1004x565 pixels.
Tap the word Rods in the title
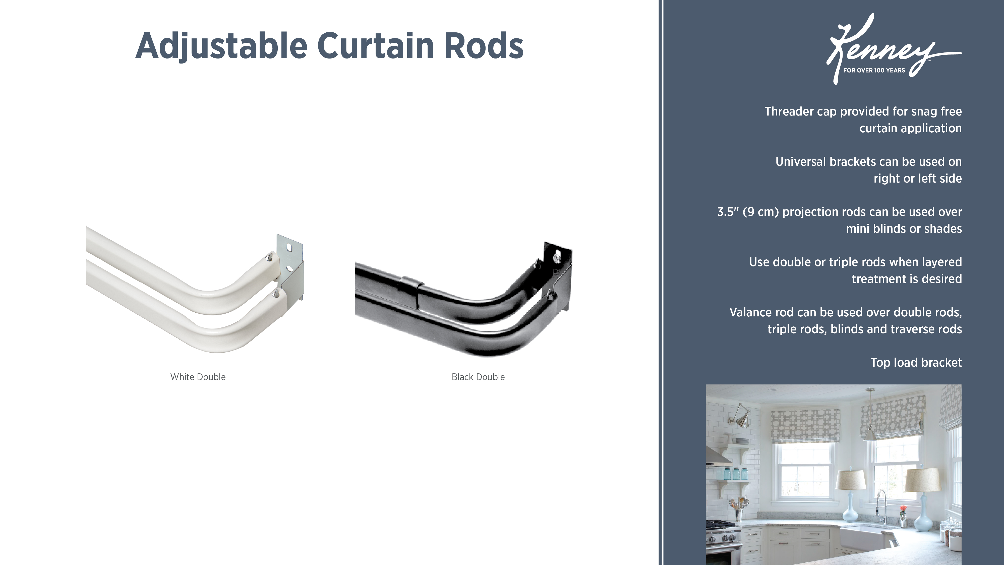(x=484, y=46)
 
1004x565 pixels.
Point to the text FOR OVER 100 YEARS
(x=874, y=71)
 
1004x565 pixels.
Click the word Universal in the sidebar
(x=801, y=162)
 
